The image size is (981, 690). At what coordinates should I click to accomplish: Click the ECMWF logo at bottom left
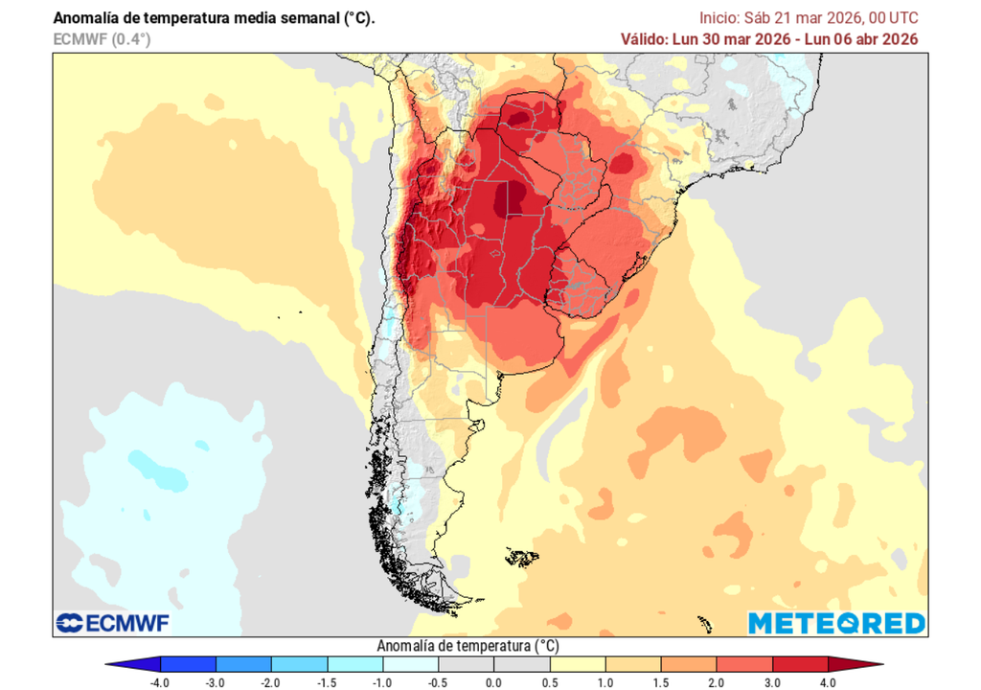pos(112,624)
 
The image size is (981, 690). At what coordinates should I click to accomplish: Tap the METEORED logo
pos(836,623)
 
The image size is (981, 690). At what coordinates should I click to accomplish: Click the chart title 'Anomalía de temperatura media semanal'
pos(214,18)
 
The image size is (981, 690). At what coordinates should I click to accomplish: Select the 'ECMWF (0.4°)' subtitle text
pos(102,39)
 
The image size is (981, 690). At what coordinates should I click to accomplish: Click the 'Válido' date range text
pos(769,39)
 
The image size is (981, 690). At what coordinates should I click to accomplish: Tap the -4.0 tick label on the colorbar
pos(160,681)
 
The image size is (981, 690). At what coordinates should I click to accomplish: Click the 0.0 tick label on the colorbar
pos(493,681)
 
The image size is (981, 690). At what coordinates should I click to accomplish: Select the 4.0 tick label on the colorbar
pos(828,681)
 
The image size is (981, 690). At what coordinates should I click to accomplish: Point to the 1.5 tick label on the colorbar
pos(661,681)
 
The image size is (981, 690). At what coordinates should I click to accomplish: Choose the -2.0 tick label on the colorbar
pos(271,681)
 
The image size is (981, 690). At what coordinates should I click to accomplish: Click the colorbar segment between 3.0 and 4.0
pos(800,664)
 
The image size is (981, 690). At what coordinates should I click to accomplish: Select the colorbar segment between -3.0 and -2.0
pos(243,664)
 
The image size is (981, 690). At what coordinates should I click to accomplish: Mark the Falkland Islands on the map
pos(522,556)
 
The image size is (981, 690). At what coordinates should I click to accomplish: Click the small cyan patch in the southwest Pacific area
pos(153,470)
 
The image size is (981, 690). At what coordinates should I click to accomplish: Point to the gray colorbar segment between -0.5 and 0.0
pos(466,664)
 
